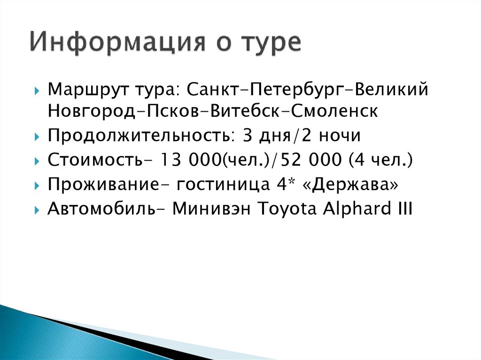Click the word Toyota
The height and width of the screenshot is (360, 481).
click(x=288, y=209)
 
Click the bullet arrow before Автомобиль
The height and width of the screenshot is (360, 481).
click(x=37, y=210)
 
